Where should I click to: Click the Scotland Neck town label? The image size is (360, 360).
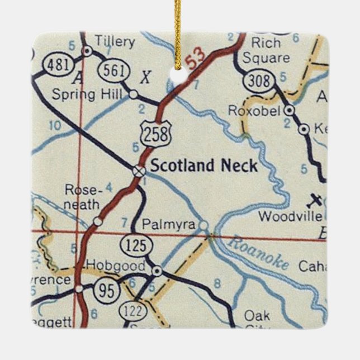(205, 166)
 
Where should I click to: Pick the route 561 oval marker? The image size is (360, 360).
(110, 71)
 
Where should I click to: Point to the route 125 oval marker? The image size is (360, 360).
(135, 245)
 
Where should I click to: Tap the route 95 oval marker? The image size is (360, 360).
(105, 289)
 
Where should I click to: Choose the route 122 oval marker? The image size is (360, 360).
(138, 310)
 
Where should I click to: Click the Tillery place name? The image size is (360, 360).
(115, 41)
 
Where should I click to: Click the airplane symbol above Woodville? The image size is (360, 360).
(316, 200)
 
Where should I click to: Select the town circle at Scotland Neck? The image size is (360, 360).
(138, 170)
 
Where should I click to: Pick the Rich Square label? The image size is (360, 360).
(270, 50)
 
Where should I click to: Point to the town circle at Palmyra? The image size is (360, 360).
(203, 225)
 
